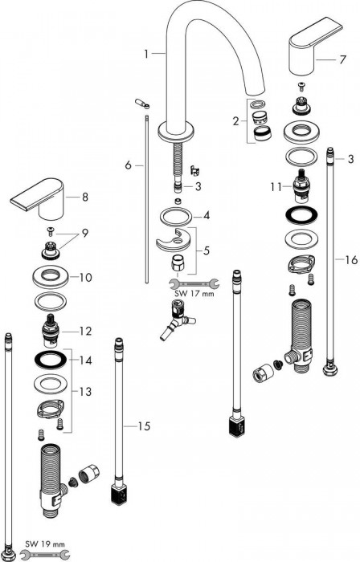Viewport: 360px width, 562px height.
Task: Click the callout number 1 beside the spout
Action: pos(145,54)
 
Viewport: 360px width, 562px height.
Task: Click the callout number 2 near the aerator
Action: pos(235,121)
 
